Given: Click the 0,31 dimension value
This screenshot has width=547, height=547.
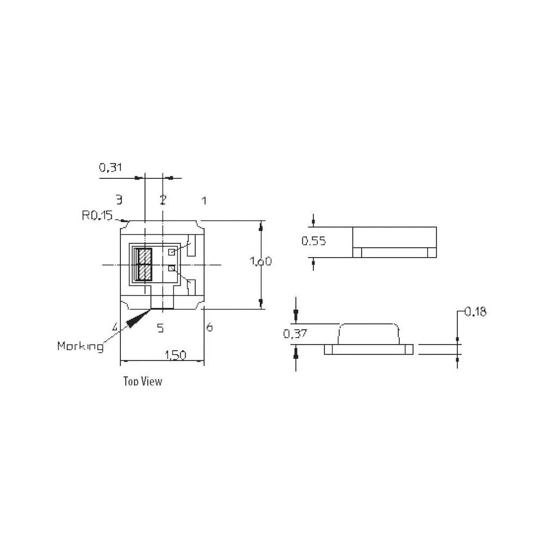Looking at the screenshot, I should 110,168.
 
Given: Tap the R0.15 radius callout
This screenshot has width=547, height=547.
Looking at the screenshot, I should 97,216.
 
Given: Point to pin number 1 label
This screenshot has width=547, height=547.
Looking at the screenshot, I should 204,201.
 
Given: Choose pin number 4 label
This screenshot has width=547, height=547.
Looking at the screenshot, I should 115,327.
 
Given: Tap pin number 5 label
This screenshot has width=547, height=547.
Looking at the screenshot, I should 160,328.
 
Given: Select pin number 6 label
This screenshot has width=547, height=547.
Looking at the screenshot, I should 210,328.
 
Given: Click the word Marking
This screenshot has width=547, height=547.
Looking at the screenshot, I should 80,346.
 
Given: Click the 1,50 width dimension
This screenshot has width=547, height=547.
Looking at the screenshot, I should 175,355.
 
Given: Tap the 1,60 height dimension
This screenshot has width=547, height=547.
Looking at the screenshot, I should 260,261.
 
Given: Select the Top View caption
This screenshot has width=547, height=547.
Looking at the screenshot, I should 143,381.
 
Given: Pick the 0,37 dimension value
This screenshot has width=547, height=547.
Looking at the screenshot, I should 295,334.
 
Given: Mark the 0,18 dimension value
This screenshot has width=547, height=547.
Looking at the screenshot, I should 475,312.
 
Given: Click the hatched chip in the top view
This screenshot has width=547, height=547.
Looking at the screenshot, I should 145,265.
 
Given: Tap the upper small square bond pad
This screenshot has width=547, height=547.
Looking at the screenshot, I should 171,252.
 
